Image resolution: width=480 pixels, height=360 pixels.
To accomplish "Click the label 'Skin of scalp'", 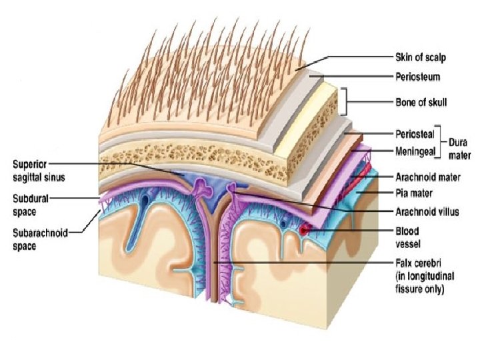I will pyautogui.click(x=418, y=58).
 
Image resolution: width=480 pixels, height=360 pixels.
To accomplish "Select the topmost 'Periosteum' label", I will pyautogui.click(x=415, y=77).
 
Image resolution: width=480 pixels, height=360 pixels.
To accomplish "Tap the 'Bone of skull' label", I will pyautogui.click(x=418, y=103).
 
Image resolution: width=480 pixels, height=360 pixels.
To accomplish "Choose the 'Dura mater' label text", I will pyautogui.click(x=459, y=149).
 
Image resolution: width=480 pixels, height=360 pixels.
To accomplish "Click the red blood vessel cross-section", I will pyautogui.click(x=305, y=230).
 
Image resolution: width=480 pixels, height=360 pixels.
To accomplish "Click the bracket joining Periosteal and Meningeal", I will pyautogui.click(x=439, y=143).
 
